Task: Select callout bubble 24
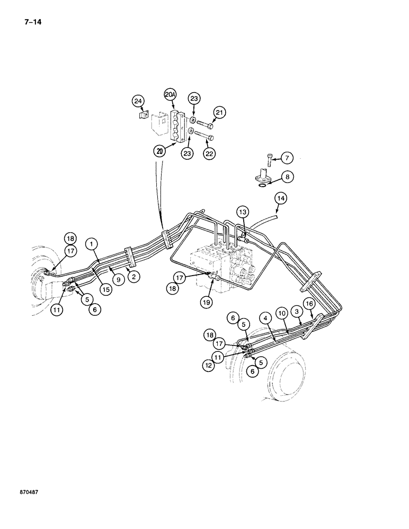coord(138,101)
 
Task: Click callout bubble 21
coord(219,112)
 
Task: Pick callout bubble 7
coord(286,158)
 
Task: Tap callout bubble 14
coord(280,198)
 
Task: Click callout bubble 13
coord(242,212)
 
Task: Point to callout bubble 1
coord(92,244)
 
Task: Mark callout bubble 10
coord(282,314)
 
